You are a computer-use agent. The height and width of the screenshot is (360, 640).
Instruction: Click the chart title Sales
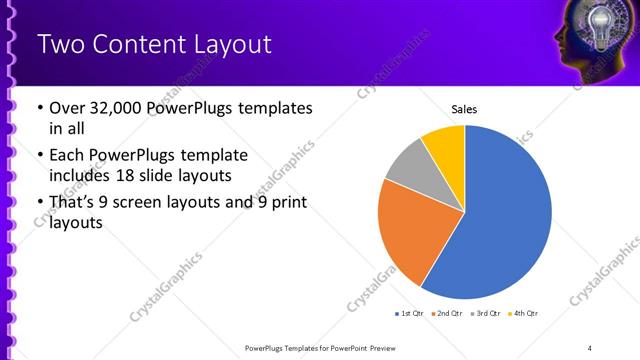point(465,108)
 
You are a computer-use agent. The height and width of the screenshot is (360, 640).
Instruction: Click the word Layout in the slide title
point(224,46)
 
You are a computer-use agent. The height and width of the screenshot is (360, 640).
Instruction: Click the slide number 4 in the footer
point(590,347)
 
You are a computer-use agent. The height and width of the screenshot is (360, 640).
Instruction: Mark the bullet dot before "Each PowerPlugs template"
point(39,156)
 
